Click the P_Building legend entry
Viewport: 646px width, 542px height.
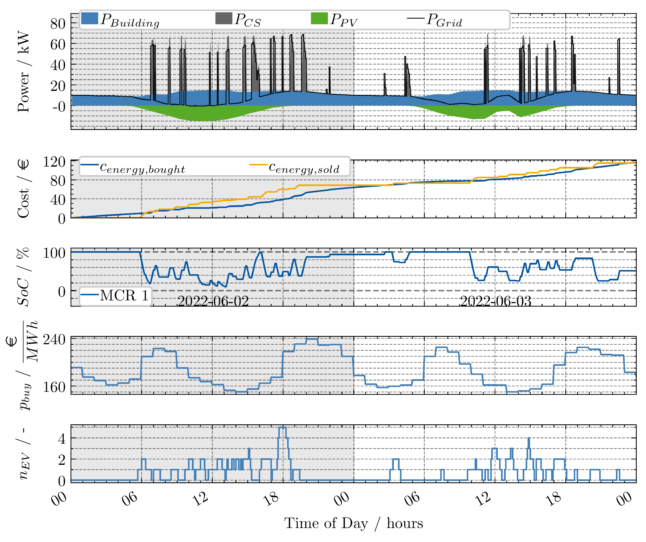coord(120,20)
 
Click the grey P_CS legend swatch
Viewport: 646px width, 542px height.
coord(224,18)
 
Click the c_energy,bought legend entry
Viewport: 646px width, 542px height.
coord(132,167)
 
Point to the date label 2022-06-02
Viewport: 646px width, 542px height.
coord(213,301)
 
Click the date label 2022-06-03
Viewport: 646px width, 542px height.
coord(495,301)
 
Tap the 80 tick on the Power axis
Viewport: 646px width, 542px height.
coord(58,24)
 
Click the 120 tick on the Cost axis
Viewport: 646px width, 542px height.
coord(54,162)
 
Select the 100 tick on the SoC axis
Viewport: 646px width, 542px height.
coord(54,253)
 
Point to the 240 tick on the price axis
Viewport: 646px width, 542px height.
coord(54,340)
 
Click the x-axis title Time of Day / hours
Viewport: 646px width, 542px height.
coord(353,523)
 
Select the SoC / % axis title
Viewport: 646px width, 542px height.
coord(23,277)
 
